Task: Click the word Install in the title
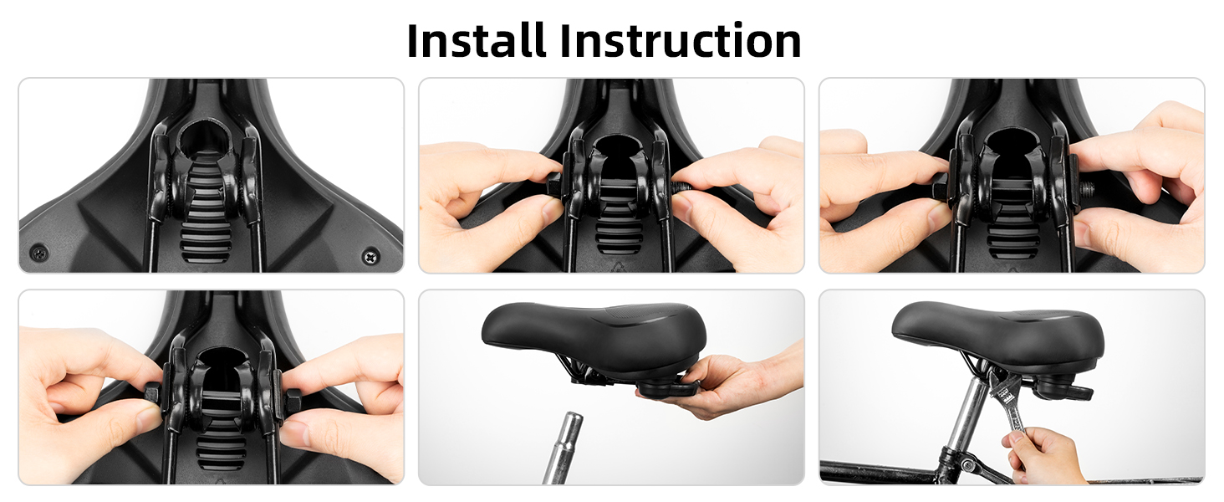477,40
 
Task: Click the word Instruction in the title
681,40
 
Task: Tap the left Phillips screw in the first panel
38,253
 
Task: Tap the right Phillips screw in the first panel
371,255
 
